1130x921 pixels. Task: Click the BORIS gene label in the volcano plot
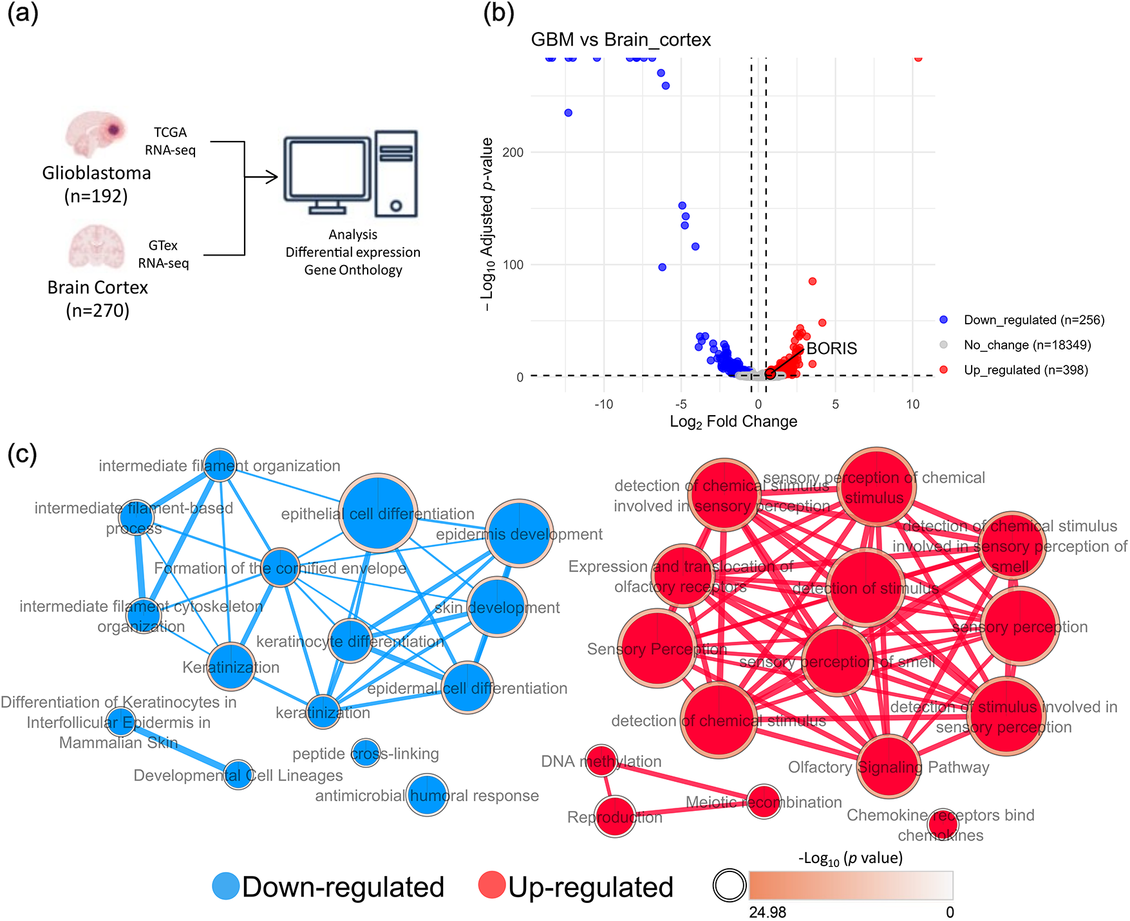pyautogui.click(x=831, y=349)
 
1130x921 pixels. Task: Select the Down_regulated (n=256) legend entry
pyautogui.click(x=1033, y=320)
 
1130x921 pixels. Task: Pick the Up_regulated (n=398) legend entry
pyautogui.click(x=1025, y=370)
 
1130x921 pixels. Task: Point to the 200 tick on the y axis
pyautogui.click(x=513, y=153)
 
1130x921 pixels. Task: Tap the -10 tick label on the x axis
pyautogui.click(x=603, y=405)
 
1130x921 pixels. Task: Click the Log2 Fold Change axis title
pyautogui.click(x=733, y=422)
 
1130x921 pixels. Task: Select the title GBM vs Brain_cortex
pyautogui.click(x=620, y=40)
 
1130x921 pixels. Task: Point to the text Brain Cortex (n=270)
pyautogui.click(x=98, y=299)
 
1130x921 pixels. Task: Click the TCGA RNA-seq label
pyautogui.click(x=170, y=141)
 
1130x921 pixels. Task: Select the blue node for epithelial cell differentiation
pyautogui.click(x=379, y=514)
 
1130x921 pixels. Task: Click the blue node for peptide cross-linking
pyautogui.click(x=366, y=753)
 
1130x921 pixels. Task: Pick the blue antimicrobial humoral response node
pyautogui.click(x=428, y=795)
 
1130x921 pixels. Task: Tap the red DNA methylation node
pyautogui.click(x=602, y=761)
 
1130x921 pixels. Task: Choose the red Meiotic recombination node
pyautogui.click(x=764, y=802)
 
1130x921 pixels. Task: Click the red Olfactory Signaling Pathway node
pyautogui.click(x=889, y=766)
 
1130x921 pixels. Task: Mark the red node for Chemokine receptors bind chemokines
pyautogui.click(x=943, y=824)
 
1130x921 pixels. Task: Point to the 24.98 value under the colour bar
pyautogui.click(x=767, y=912)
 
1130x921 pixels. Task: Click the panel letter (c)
pyautogui.click(x=22, y=454)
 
